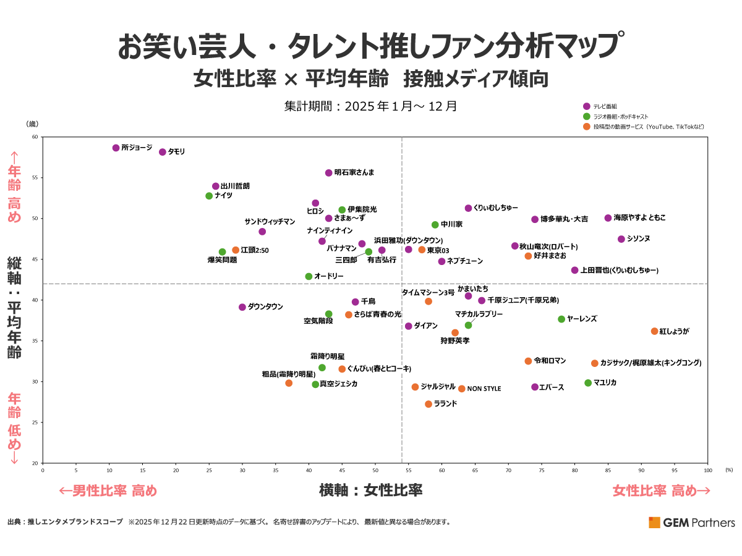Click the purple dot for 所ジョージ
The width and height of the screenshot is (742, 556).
point(116,148)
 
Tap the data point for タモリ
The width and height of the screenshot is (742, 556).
point(163,152)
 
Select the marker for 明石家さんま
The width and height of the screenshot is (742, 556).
point(329,173)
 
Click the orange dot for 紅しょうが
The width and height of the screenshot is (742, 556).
point(654,331)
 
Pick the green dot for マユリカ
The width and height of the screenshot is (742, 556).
point(588,383)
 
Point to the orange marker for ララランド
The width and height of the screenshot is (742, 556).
point(429,404)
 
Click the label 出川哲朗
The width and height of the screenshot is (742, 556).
point(235,186)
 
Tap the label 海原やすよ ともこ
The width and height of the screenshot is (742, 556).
point(639,218)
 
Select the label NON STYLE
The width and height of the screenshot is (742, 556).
point(484,389)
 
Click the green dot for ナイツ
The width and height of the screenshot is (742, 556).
point(209,196)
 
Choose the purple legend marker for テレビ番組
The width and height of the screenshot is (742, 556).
point(586,106)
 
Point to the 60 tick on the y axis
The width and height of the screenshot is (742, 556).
point(35,137)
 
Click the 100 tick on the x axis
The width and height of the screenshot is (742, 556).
point(708,470)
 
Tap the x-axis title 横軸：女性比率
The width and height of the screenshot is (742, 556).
point(370,491)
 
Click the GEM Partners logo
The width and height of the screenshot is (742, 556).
point(691,523)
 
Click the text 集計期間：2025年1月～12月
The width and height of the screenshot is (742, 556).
point(370,106)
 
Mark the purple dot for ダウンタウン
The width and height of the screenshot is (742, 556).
point(242,307)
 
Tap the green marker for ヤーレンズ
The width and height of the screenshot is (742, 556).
point(561,319)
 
